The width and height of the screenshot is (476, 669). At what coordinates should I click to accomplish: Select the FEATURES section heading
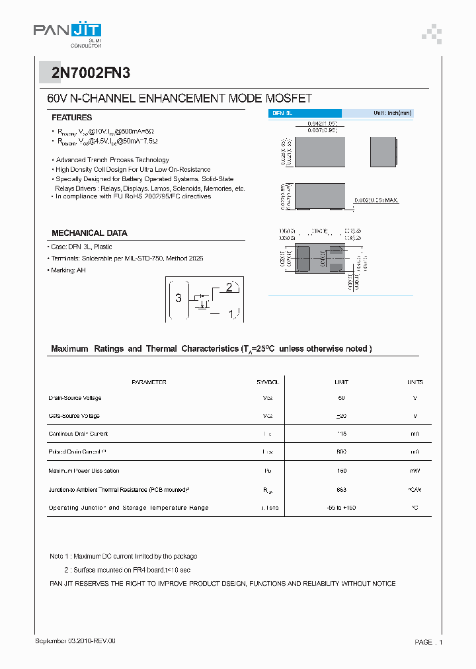pos(71,117)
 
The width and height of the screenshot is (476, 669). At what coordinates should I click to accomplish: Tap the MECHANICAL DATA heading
pos(89,233)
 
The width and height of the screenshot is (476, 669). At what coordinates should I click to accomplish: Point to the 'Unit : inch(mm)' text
pos(392,114)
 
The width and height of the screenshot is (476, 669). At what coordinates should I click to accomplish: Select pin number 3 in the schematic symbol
pos(178,297)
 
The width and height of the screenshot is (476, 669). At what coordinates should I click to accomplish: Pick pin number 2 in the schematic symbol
pos(229,287)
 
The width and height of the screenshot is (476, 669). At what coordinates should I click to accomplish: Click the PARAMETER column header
pos(149,382)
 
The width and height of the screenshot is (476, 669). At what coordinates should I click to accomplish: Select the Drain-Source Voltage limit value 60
pos(341,398)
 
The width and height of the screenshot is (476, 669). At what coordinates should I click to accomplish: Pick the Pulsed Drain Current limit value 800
pos(341,452)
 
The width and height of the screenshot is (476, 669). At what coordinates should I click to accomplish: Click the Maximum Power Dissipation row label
pos(84,471)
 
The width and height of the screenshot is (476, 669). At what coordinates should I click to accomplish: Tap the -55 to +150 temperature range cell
pos(341,508)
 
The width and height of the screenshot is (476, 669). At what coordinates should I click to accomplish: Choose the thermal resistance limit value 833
pos(341,489)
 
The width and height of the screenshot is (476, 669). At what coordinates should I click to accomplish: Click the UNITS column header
pos(415,382)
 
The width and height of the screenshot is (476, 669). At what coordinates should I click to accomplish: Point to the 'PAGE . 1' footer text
pos(428,642)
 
